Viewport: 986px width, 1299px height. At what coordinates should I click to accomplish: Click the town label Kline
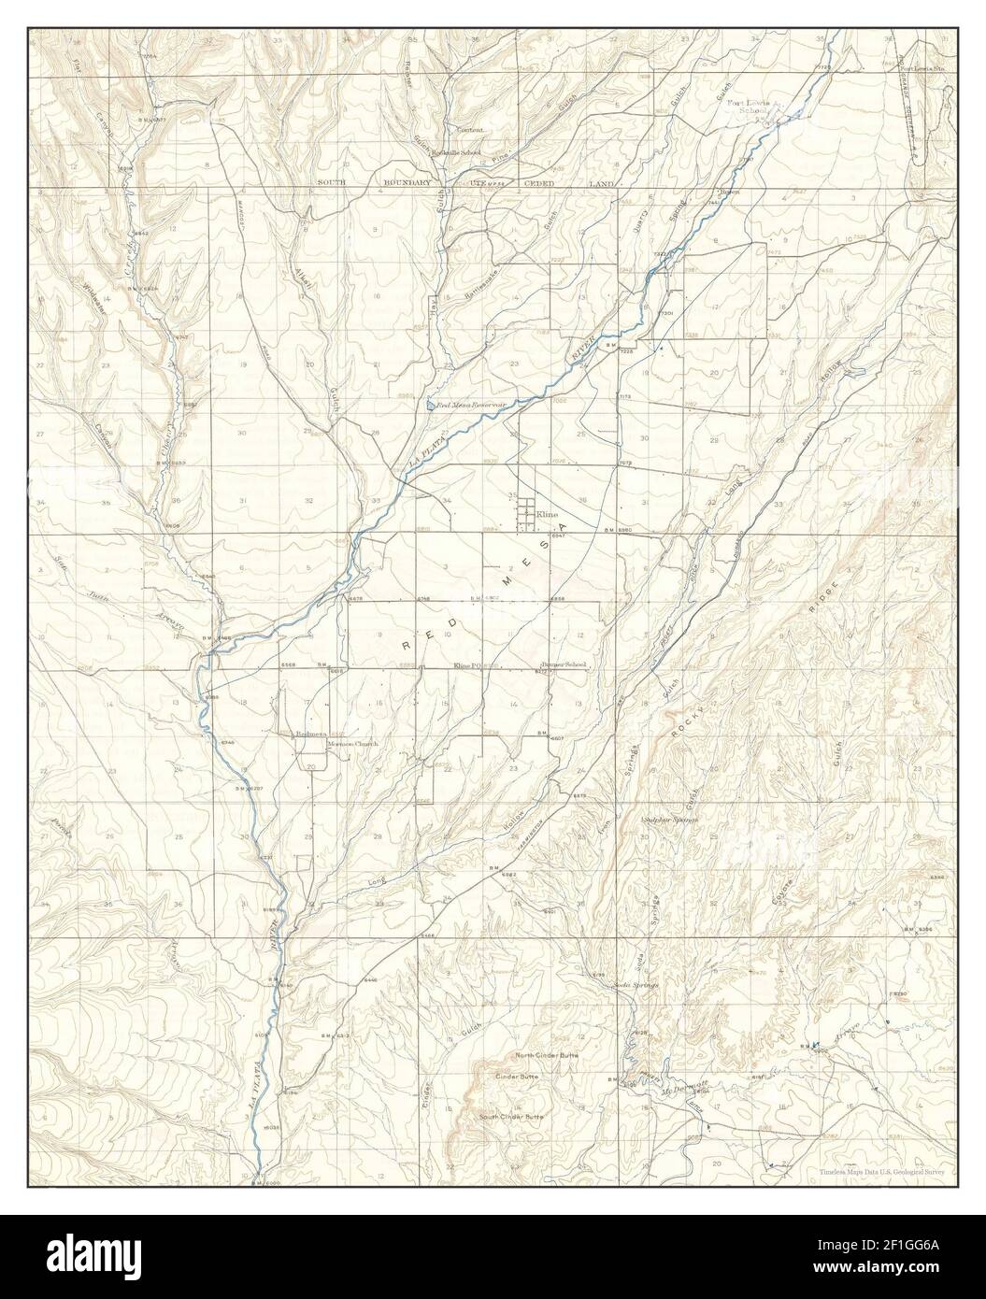(x=548, y=514)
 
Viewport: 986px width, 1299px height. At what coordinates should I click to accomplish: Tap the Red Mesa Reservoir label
(x=464, y=405)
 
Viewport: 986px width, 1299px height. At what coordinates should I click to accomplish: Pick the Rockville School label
(x=461, y=152)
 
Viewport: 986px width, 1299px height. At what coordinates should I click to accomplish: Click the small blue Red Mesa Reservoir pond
(x=428, y=406)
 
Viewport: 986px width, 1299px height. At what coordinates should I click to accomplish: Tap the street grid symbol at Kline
(x=527, y=510)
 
